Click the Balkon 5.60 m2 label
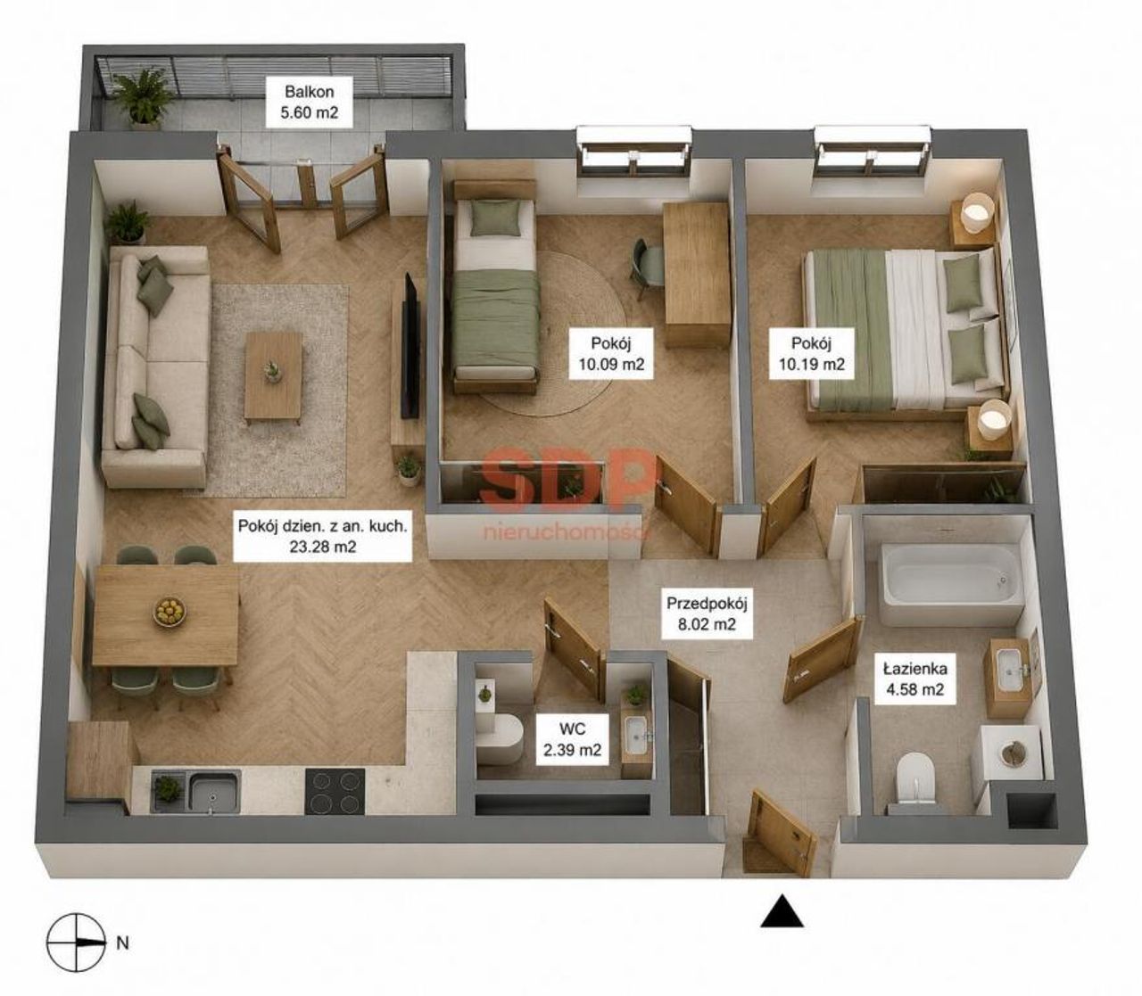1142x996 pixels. click(x=310, y=102)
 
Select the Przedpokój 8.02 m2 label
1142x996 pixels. click(x=707, y=613)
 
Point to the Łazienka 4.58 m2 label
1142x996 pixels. click(x=914, y=679)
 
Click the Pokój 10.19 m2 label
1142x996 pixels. click(x=812, y=353)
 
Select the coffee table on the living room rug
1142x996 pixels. click(x=274, y=377)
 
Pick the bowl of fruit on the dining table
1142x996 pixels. click(x=170, y=612)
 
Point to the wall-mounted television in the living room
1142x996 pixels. click(x=411, y=346)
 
